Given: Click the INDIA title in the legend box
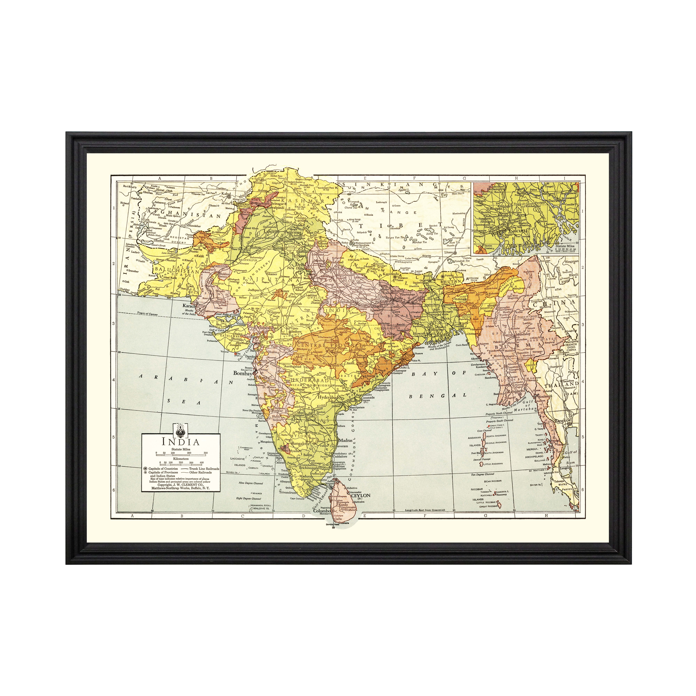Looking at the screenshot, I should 180,442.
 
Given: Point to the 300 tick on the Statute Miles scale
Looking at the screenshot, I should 206,453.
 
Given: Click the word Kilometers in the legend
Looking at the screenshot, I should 181,459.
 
